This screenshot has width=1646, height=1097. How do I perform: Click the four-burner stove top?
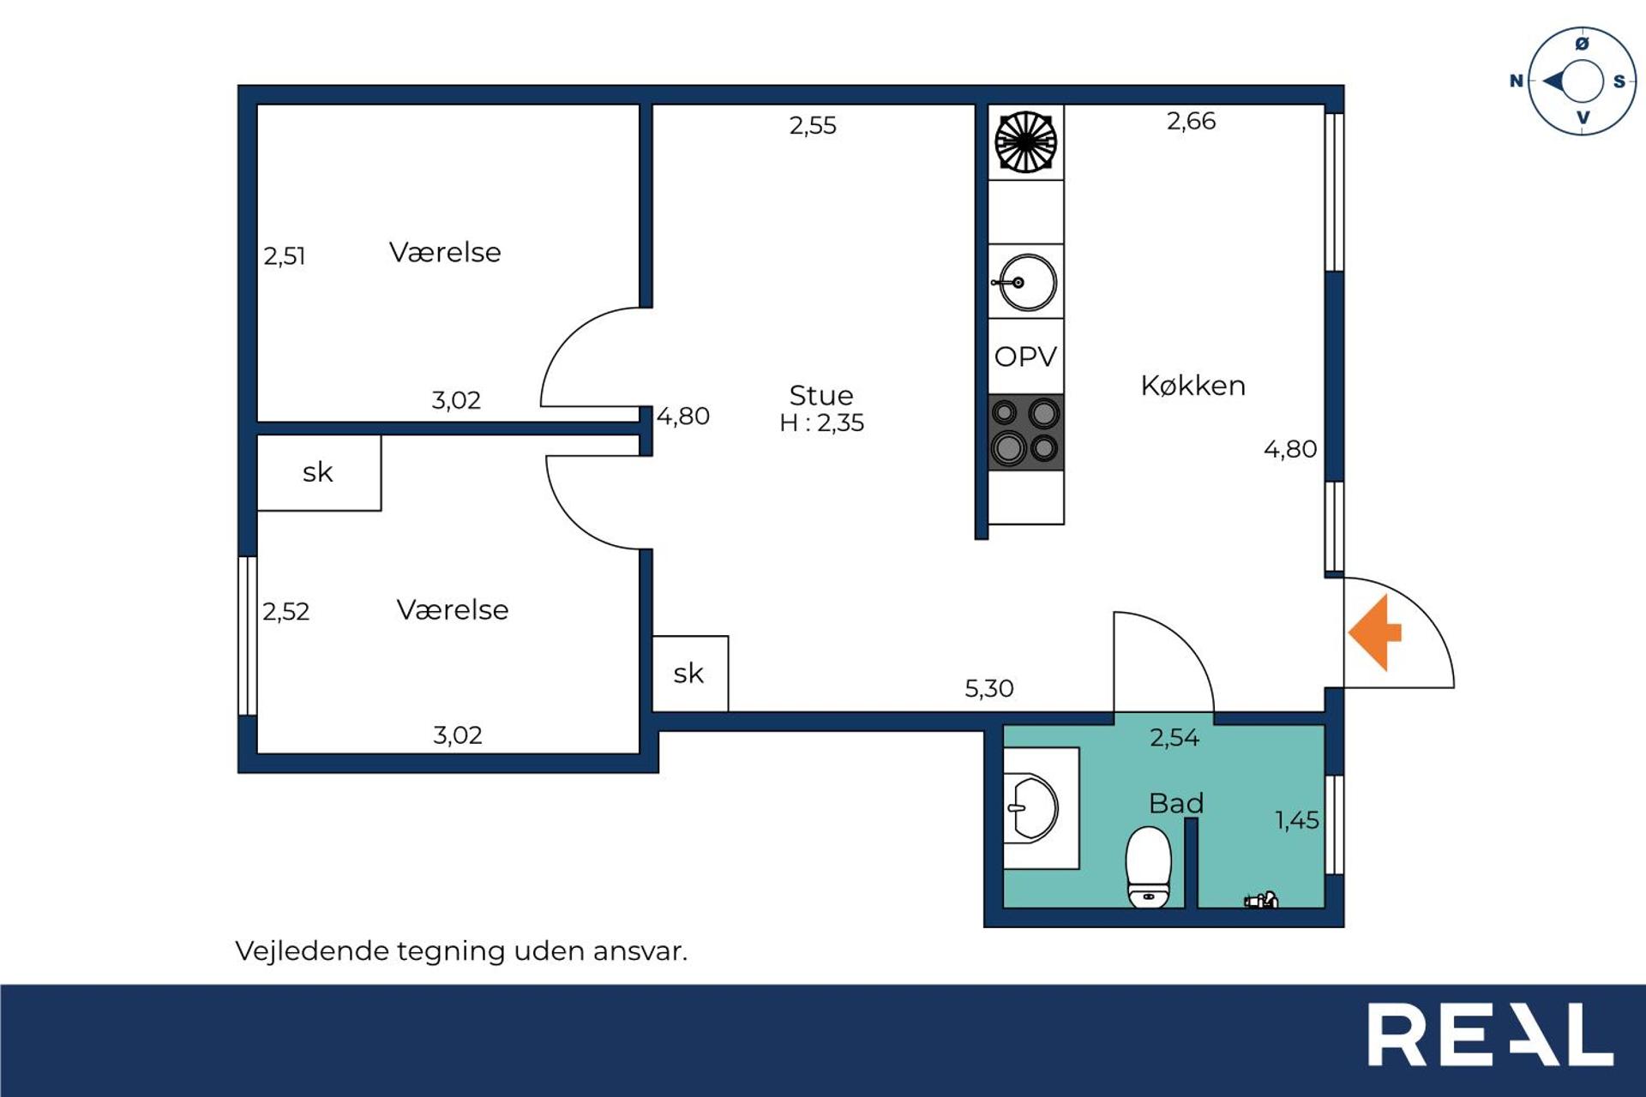click(1025, 432)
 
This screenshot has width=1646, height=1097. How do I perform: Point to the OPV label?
click(1025, 357)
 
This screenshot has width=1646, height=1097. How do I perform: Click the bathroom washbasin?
click(1034, 807)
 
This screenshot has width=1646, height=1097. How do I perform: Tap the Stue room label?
click(821, 395)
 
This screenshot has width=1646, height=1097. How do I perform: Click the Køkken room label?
click(1192, 386)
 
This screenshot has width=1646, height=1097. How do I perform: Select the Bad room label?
click(1176, 803)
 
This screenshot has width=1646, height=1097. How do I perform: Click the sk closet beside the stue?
click(689, 674)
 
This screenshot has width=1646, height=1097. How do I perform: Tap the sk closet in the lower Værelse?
click(318, 472)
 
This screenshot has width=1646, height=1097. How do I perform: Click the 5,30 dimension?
click(988, 688)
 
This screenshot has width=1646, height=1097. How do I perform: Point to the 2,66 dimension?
click(1191, 121)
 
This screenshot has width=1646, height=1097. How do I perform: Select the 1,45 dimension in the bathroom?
click(1297, 820)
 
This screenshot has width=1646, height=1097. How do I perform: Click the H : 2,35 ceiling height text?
click(821, 423)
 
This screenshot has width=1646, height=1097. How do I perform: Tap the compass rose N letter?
click(1516, 81)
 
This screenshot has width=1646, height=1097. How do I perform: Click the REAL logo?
click(1490, 1034)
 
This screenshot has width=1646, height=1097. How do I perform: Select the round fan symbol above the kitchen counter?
click(1025, 142)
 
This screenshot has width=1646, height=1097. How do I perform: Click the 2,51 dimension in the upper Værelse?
click(285, 255)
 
